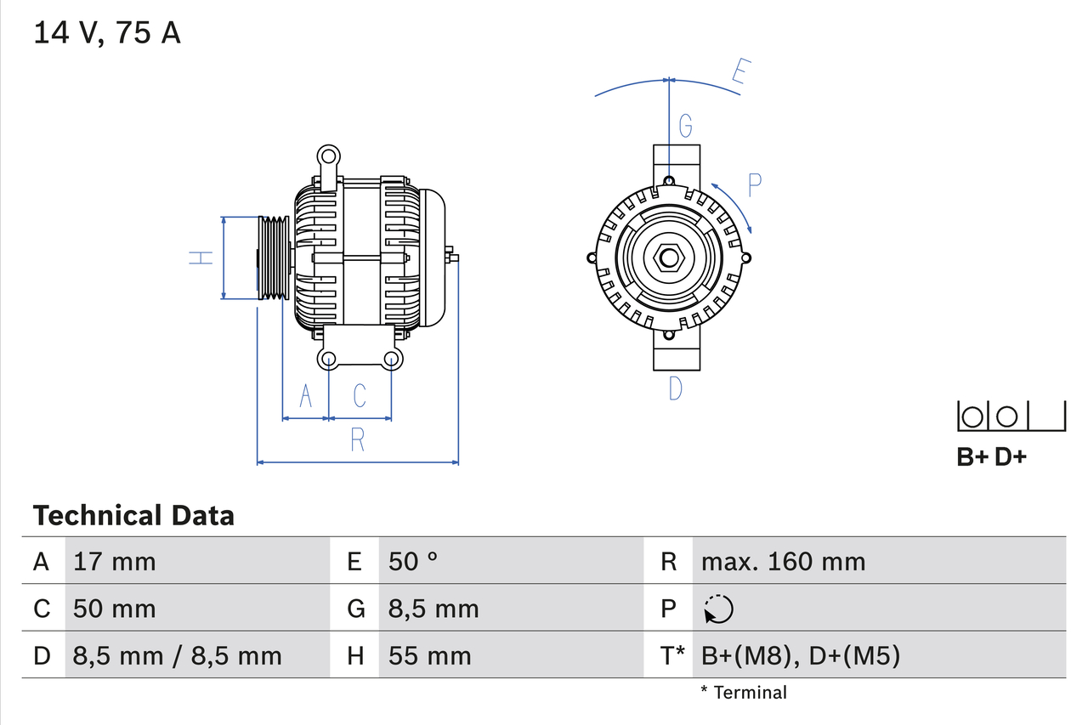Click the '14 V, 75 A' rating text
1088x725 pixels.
coord(107,33)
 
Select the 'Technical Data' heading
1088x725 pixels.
coord(133,515)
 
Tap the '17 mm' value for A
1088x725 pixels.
coord(115,561)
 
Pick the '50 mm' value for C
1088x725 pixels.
coord(115,609)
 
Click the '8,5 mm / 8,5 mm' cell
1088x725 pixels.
coord(178,655)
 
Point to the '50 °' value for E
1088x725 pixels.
coord(413,561)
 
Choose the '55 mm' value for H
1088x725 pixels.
coord(429,655)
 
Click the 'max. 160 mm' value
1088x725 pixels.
coord(783,561)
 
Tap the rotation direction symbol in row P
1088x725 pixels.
coord(718,609)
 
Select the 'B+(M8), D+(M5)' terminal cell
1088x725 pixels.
coord(800,655)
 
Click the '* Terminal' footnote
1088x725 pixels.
coord(744,693)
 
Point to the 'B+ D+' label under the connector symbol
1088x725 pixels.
coord(991,456)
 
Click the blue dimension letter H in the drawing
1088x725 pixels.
coord(201,258)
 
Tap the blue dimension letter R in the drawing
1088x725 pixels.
coord(357,439)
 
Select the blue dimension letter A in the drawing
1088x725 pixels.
coord(305,395)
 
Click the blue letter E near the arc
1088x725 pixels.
coord(739,75)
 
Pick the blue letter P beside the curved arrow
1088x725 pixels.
coord(754,184)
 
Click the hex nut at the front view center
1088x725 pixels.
coord(669,258)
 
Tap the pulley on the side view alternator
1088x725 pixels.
coord(274,258)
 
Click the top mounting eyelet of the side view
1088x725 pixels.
coord(328,156)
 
